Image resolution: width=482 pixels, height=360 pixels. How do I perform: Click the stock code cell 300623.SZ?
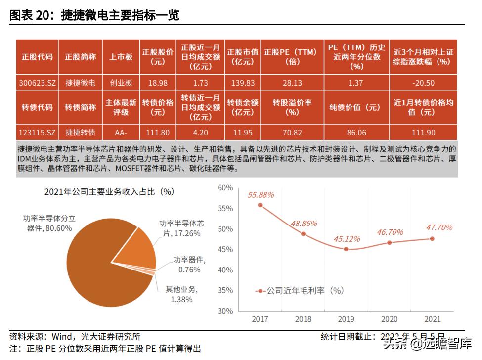click(37, 83)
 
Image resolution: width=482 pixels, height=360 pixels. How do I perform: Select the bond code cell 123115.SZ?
click(37, 132)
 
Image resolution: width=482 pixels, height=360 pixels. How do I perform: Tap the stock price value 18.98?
click(158, 83)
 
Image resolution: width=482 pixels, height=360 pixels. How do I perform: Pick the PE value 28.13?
click(290, 83)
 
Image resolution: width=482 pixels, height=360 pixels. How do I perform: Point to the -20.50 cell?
click(424, 83)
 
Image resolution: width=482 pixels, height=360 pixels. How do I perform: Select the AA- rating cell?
click(121, 132)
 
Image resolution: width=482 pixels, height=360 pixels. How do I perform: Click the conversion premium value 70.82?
click(292, 132)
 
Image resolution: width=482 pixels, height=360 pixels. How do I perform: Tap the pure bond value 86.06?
click(356, 132)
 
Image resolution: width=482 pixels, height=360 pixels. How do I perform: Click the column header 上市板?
click(121, 57)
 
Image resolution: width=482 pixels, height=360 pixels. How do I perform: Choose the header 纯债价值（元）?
click(356, 107)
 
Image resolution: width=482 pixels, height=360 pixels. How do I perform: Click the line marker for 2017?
click(260, 205)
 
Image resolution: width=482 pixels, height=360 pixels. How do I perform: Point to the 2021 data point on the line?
click(432, 238)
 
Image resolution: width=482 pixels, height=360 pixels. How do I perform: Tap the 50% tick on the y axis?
click(225, 229)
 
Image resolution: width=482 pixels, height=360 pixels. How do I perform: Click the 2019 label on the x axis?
click(346, 319)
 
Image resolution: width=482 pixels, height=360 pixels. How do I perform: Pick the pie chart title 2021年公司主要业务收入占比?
click(109, 192)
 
